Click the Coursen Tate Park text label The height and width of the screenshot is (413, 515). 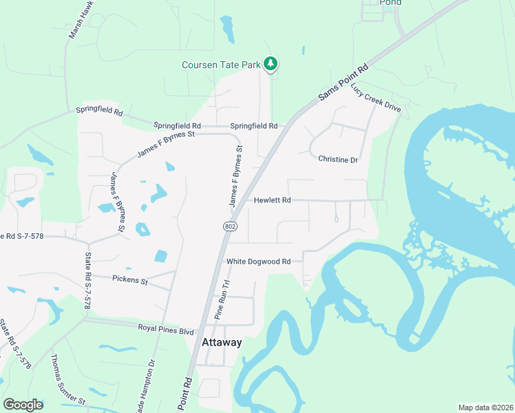pyautogui.click(x=221, y=65)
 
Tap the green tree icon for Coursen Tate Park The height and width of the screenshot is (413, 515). pyautogui.click(x=271, y=64)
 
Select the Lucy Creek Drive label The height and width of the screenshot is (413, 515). pyautogui.click(x=375, y=98)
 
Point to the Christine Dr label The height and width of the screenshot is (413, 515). pyautogui.click(x=338, y=160)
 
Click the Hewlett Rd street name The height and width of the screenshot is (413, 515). pyautogui.click(x=273, y=200)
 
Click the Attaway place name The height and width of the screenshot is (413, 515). pyautogui.click(x=222, y=343)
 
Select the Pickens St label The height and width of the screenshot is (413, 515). pyautogui.click(x=130, y=280)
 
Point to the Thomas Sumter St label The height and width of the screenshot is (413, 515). pyautogui.click(x=67, y=379)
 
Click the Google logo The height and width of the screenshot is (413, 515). pyautogui.click(x=23, y=404)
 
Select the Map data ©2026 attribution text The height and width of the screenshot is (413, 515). pyautogui.click(x=485, y=407)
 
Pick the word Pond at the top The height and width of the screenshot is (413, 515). pyautogui.click(x=390, y=3)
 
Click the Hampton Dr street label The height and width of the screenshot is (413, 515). pyautogui.click(x=150, y=386)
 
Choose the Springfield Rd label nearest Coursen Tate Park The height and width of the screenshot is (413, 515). pyautogui.click(x=253, y=126)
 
